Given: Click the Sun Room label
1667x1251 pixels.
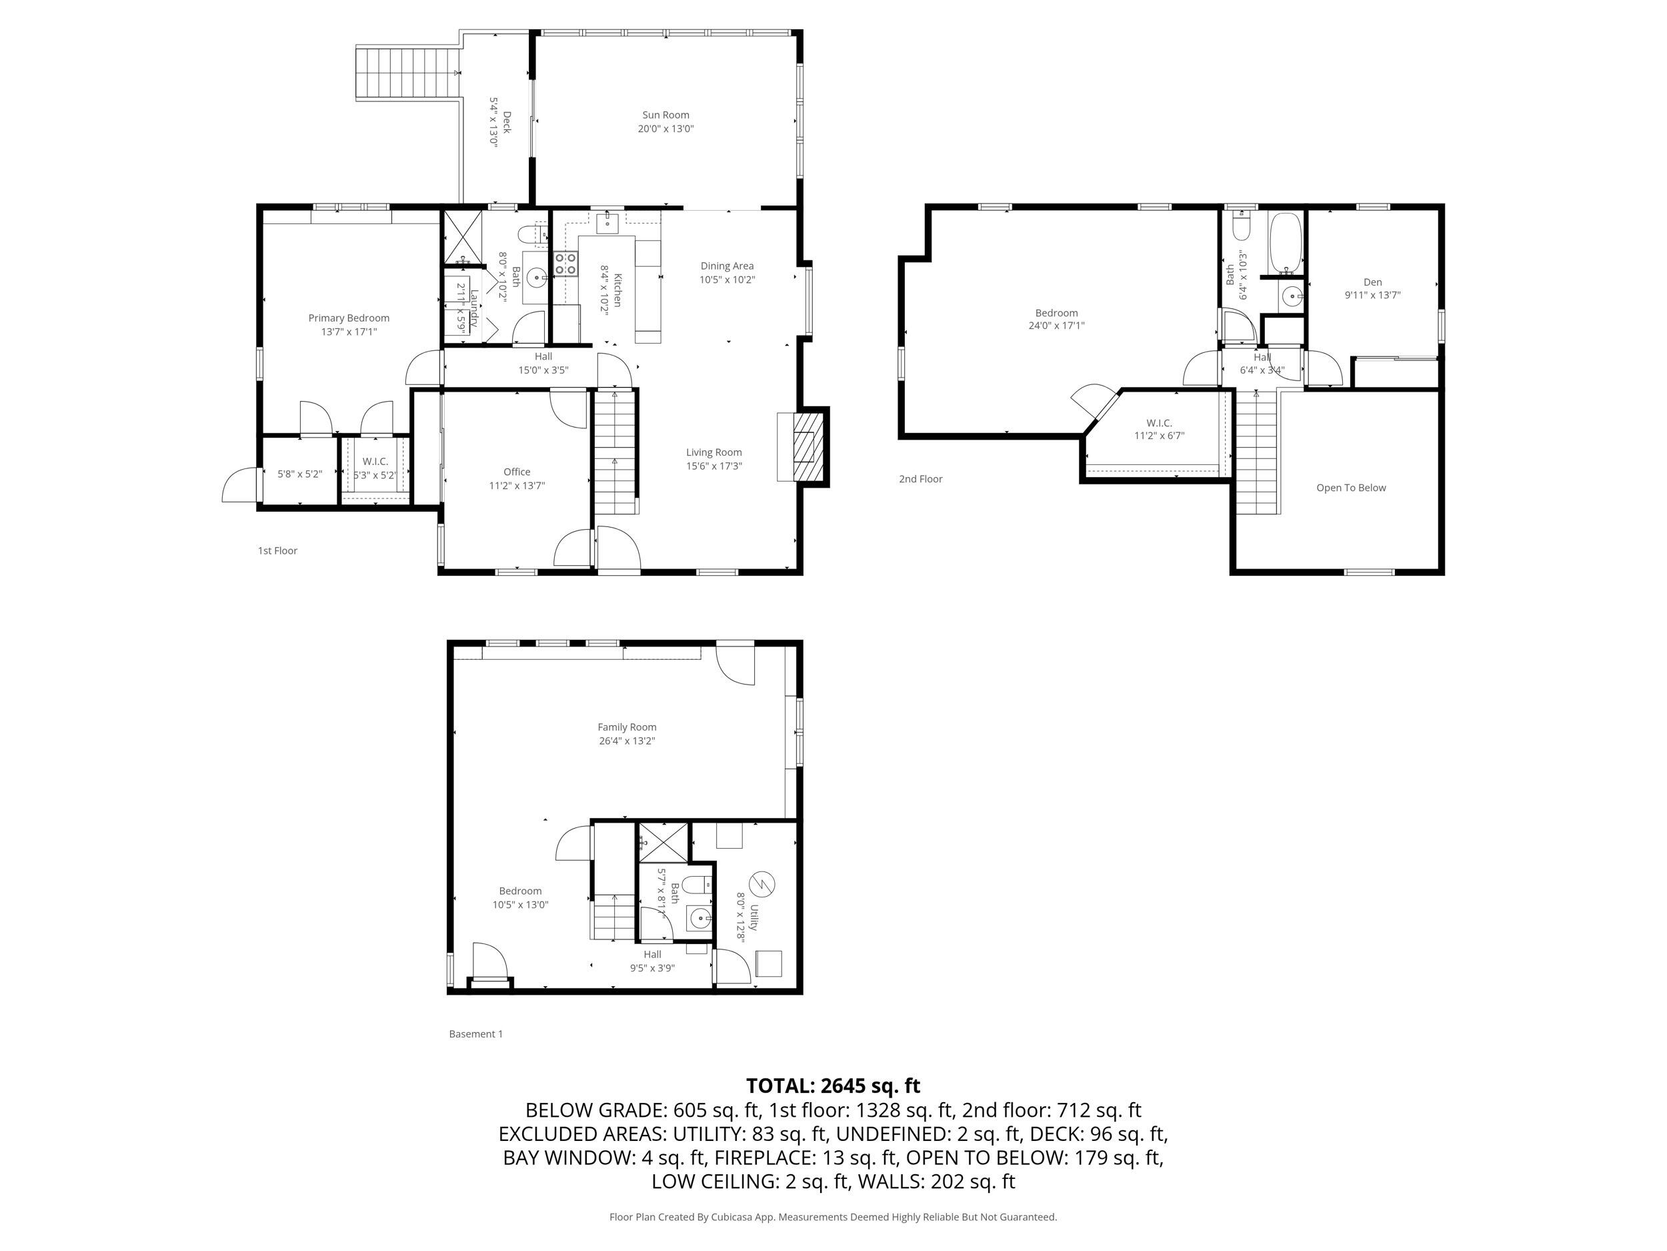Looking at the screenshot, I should coord(665,115).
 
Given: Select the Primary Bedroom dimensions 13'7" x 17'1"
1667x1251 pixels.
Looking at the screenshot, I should coord(348,332).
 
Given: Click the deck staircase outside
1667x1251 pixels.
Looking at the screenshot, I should coord(407,73).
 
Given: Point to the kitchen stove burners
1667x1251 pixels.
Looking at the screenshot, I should coord(566,263).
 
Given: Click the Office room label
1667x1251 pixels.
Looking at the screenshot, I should coord(517,472).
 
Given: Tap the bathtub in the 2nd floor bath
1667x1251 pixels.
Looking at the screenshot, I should coord(1286,243).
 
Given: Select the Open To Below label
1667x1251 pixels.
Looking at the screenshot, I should coord(1351,488).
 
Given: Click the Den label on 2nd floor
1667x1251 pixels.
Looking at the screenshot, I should coord(1372,282).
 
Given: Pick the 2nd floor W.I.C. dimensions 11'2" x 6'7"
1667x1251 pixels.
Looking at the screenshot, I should coord(1159,436).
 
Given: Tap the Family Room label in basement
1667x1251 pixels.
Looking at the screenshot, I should coord(627,727).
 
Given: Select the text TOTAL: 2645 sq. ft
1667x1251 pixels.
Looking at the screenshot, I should coord(833,1086).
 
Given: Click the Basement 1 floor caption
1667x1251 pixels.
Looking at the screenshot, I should coord(475,1034).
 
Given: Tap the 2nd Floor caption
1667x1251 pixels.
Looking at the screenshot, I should coord(920,479).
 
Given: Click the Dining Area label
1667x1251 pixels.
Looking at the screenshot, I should coord(727,266).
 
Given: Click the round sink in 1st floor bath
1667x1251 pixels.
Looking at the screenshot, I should coord(537,278).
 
